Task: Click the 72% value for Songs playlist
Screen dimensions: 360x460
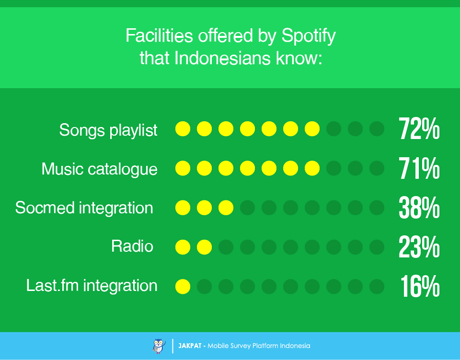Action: pos(419,129)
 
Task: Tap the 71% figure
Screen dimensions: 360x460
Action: pos(419,169)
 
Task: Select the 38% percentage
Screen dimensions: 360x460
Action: pos(419,208)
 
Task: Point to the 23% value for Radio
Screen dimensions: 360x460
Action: pos(419,247)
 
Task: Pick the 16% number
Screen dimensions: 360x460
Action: pos(420,287)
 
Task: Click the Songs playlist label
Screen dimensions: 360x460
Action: pos(108,130)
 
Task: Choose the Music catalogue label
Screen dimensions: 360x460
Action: pos(99,169)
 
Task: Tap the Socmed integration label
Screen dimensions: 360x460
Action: pos(84,208)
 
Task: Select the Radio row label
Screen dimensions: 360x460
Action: pos(132,246)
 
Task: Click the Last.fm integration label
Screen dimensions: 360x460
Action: pos(92,286)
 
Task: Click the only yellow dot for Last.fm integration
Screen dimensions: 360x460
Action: pos(183,287)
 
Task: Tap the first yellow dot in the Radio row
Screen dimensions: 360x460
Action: pos(183,247)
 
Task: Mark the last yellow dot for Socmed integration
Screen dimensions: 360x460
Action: pos(226,208)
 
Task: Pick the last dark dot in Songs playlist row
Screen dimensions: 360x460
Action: pos(377,129)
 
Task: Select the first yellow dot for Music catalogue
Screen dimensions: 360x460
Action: pos(183,168)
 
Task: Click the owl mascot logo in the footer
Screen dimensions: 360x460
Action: pos(158,346)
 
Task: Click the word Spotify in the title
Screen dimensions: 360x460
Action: pos(309,36)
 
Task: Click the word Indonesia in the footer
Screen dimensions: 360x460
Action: pos(295,346)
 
